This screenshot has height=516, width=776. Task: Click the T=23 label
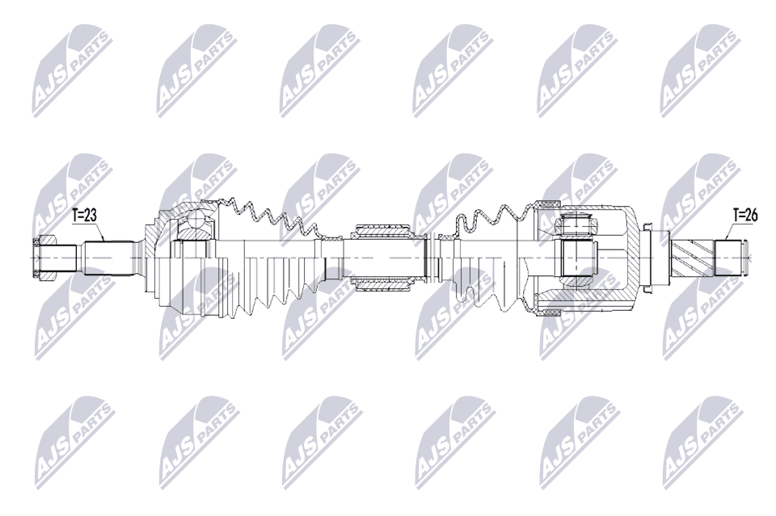point(84,215)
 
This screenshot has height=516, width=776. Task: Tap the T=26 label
point(744,215)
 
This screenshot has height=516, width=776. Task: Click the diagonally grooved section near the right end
point(692,258)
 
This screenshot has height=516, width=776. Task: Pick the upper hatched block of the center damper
point(381,231)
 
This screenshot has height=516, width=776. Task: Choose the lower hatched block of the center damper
point(381,284)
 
